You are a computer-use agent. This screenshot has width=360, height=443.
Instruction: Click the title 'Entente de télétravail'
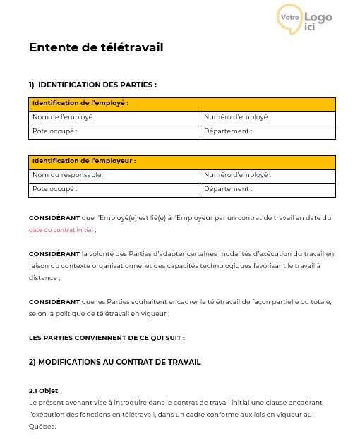(96, 48)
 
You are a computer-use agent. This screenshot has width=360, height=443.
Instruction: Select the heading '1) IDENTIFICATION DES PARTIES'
(92, 85)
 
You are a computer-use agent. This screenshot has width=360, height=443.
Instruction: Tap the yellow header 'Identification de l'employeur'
(83, 161)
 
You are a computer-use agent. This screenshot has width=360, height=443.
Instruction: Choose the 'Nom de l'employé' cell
(64, 117)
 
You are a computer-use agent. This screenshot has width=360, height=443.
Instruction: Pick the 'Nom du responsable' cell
(67, 175)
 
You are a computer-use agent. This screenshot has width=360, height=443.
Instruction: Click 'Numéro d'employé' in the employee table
(237, 117)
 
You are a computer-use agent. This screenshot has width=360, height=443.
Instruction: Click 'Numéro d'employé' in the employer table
(237, 175)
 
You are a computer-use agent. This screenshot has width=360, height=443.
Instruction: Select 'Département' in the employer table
(228, 189)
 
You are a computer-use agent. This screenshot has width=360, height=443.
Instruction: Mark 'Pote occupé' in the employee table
(54, 131)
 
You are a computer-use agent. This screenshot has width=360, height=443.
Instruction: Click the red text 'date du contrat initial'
(60, 230)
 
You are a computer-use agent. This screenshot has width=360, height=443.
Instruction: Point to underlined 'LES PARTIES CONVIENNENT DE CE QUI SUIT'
(107, 338)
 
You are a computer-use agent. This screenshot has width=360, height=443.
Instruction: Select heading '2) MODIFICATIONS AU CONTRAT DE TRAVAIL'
(115, 362)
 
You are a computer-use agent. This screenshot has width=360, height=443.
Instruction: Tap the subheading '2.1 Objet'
(43, 391)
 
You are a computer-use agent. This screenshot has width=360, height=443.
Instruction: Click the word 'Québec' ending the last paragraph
(41, 427)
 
